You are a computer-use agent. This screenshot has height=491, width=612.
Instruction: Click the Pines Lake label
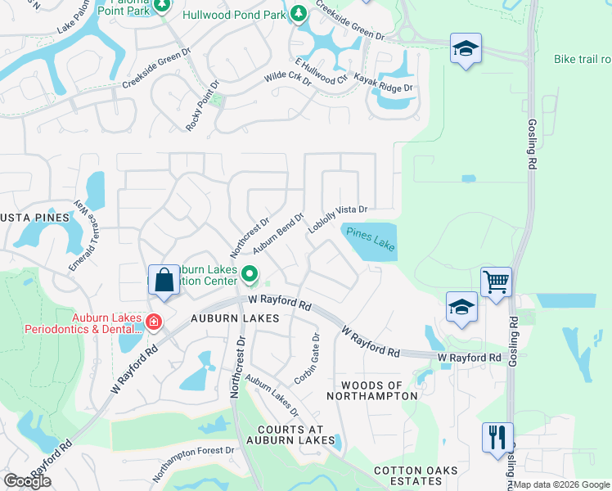click(370, 239)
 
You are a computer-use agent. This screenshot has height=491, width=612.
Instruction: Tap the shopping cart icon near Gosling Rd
click(496, 283)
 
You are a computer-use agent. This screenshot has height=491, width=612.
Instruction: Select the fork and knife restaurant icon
click(497, 438)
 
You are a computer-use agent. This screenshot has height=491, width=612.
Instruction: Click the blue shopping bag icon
click(164, 280)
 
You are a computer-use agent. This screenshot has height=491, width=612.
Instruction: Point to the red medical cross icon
click(152, 324)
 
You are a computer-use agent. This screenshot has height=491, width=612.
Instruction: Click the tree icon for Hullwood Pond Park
click(299, 14)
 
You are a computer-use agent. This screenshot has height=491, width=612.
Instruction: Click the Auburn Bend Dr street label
click(278, 232)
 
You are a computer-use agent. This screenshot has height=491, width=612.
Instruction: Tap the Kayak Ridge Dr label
click(384, 82)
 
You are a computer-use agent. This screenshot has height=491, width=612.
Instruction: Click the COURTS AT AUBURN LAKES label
click(290, 437)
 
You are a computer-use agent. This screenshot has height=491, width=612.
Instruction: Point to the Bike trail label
click(582, 59)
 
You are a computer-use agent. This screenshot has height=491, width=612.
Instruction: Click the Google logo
click(28, 481)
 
